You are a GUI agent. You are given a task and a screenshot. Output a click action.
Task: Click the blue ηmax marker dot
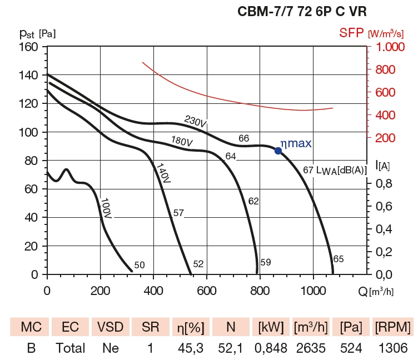coord(278,150)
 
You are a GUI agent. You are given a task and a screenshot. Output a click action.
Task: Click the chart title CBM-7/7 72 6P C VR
coord(302,11)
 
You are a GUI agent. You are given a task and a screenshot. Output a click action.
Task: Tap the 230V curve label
coord(196,122)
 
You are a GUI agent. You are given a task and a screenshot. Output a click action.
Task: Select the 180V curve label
coord(181,142)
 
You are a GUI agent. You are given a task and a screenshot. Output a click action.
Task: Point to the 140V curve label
coord(162,173)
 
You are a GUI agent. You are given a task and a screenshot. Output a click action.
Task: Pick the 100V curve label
coord(105,208)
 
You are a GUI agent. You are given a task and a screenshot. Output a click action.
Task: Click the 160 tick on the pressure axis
coord(28,47)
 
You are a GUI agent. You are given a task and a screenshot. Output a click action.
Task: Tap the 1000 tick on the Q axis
coord(313,289)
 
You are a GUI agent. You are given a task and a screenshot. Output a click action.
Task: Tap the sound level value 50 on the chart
coord(140,265)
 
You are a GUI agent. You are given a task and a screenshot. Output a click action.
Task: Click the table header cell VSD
coord(111,327)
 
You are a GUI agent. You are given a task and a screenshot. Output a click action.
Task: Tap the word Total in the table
coord(70,348)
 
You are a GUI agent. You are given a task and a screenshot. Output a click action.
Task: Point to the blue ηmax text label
coord(296,143)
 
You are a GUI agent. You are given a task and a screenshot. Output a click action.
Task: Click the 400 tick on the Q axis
coord(154,289)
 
